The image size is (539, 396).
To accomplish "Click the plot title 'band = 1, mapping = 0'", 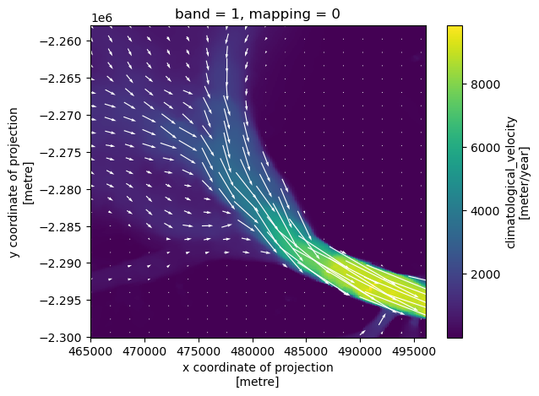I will point(259,14).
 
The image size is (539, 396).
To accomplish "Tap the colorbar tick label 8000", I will point(485,84).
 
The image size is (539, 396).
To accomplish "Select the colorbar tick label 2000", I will point(485,274).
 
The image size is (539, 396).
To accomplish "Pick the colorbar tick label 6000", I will point(485,148).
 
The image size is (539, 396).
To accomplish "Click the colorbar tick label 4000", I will point(485,211).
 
